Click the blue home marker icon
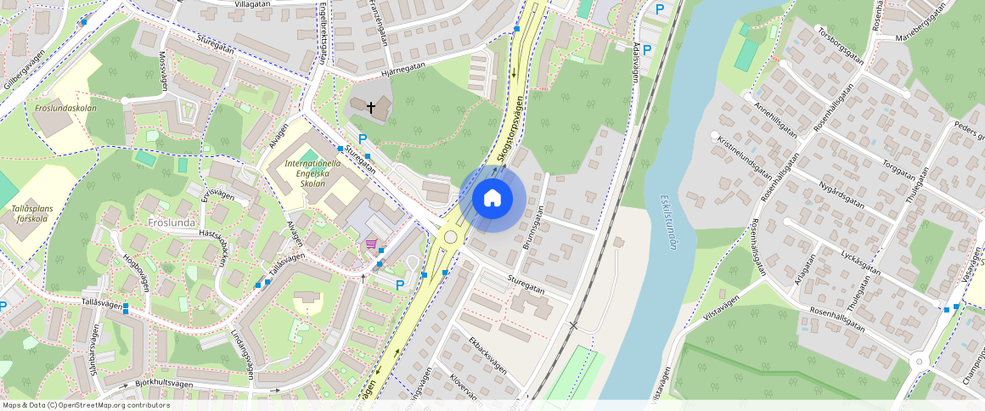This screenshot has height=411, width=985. click(492, 200)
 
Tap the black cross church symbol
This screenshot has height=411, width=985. click(371, 108)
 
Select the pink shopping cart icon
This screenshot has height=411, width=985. click(371, 244)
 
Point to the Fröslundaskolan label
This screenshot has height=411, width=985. click(66, 109)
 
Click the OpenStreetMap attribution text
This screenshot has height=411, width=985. click(85, 405)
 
